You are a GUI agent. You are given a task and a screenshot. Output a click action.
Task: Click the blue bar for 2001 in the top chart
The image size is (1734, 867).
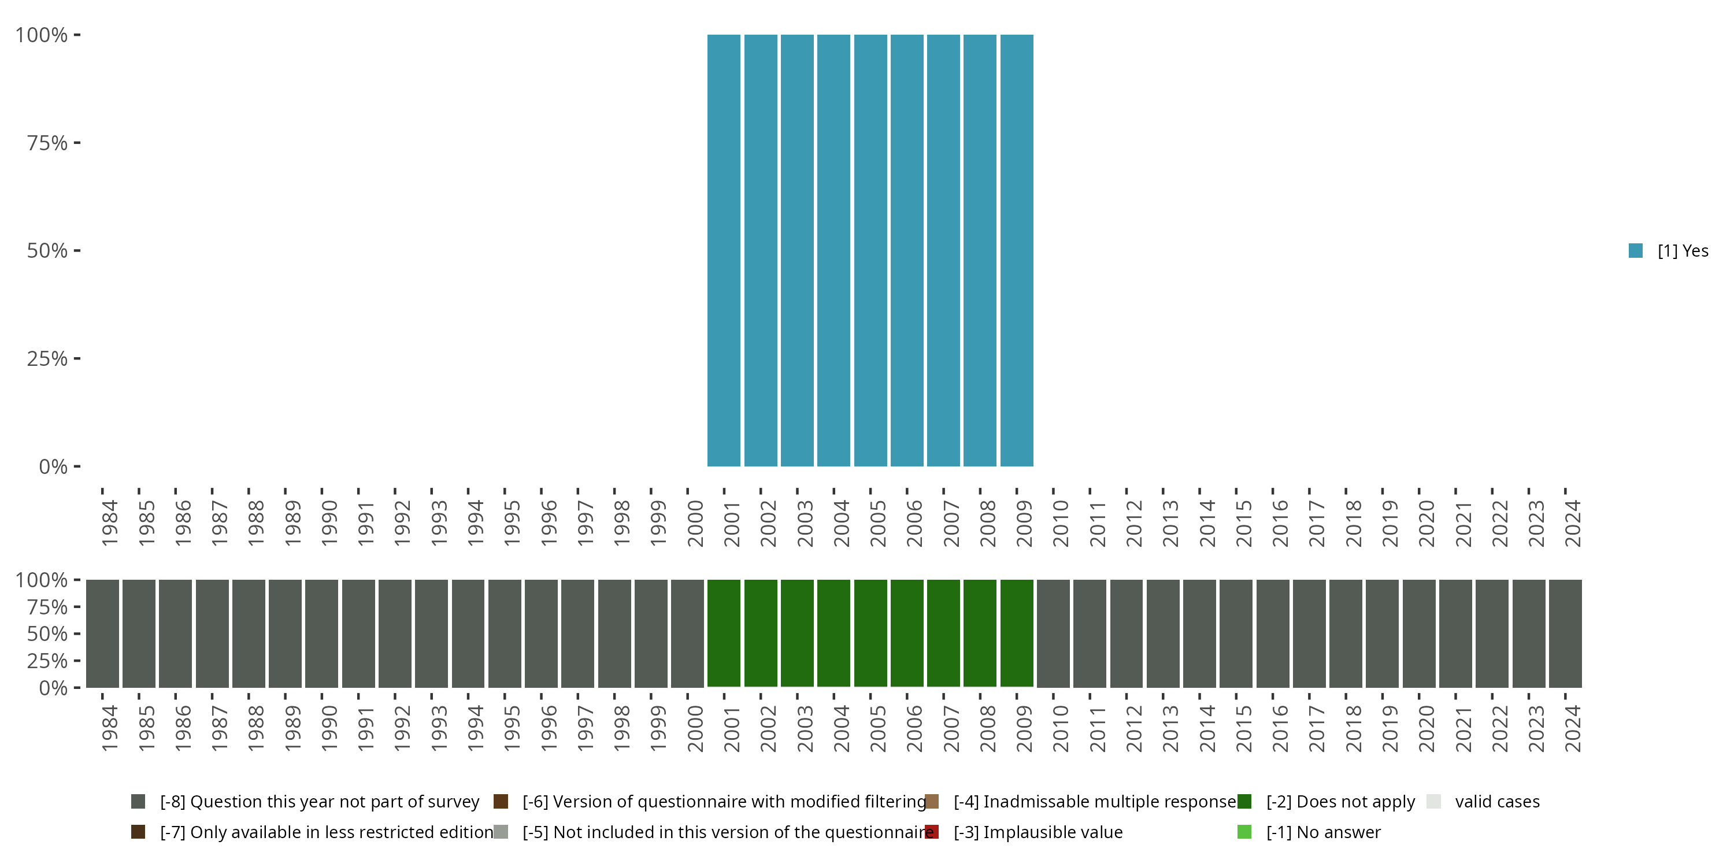click(724, 250)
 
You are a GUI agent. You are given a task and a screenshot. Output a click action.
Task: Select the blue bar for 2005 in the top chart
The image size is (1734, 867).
click(870, 250)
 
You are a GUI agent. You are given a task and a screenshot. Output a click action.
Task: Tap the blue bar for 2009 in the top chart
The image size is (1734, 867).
click(1017, 250)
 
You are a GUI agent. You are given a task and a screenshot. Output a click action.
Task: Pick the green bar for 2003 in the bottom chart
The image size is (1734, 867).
click(797, 633)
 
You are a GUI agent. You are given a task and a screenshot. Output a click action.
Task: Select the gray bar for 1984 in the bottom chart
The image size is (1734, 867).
click(102, 633)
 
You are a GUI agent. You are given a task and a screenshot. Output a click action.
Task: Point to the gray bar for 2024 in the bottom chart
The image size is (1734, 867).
click(1565, 633)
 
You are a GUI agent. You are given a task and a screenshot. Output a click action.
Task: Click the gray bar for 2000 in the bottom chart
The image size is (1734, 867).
click(687, 633)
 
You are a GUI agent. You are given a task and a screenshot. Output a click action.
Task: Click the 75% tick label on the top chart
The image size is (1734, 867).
click(47, 143)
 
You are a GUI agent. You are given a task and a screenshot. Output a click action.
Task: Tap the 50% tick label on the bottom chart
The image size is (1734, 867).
click(47, 633)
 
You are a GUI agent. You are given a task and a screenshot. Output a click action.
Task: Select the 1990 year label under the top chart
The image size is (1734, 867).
click(328, 523)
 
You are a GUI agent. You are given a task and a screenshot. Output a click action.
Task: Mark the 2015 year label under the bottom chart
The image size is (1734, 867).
click(1243, 728)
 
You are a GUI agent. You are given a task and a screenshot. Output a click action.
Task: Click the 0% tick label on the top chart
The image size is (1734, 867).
click(53, 466)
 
